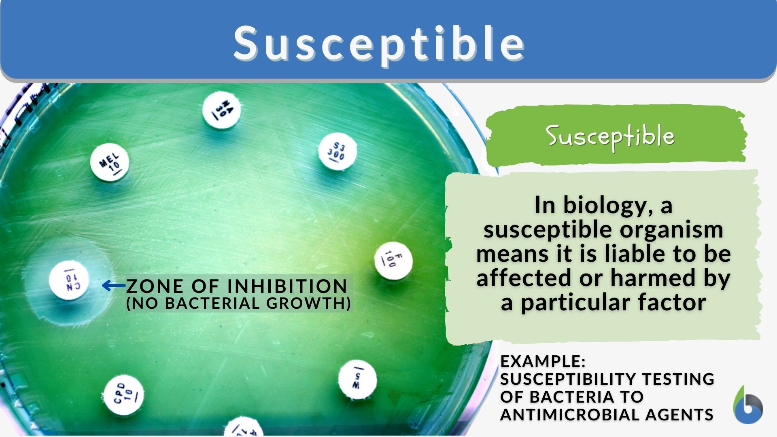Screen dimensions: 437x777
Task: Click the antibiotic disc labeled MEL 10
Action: click(109, 163)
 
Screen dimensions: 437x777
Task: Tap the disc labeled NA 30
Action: click(221, 110)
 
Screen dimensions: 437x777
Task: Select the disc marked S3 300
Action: click(337, 151)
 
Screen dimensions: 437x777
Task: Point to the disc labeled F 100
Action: click(393, 261)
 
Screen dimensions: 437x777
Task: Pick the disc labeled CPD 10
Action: click(123, 395)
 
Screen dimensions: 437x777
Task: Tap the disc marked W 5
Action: click(357, 380)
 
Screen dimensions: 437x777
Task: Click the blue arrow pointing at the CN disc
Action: click(114, 286)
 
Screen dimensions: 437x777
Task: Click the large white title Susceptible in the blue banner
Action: click(379, 43)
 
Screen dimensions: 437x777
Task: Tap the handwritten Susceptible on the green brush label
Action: click(610, 136)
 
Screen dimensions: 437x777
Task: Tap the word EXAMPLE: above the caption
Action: click(543, 361)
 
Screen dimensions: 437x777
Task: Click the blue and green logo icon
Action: click(747, 406)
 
